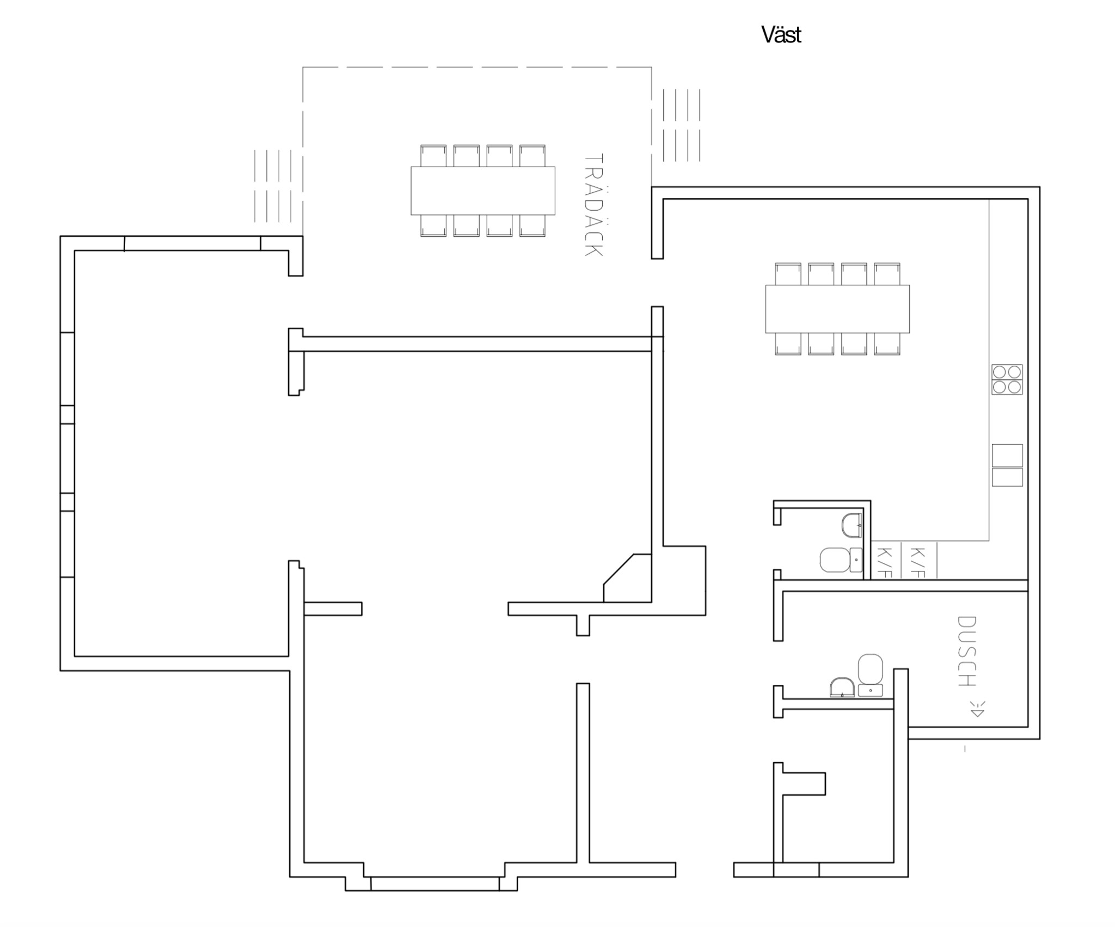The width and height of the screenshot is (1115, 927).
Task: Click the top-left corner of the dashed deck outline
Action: [303, 67]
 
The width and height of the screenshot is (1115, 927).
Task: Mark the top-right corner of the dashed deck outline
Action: [652, 67]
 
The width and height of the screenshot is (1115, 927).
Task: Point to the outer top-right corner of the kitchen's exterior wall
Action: [1040, 187]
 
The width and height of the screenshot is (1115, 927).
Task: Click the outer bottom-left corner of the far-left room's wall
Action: [60, 671]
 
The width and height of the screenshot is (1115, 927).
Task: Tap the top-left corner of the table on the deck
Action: [411, 167]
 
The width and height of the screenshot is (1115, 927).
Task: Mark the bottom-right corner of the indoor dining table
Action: [909, 333]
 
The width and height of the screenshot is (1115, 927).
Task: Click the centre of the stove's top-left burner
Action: [1000, 372]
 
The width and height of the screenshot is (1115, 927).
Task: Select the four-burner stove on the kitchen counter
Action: [1007, 379]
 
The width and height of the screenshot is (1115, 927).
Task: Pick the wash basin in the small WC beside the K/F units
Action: [851, 525]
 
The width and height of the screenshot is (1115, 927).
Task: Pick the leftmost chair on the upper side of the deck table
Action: [433, 156]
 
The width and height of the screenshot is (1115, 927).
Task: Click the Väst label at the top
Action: [781, 35]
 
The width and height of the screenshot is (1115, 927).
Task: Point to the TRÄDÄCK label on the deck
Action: [593, 205]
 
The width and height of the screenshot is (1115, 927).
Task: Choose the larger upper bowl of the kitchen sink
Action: [1007, 455]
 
